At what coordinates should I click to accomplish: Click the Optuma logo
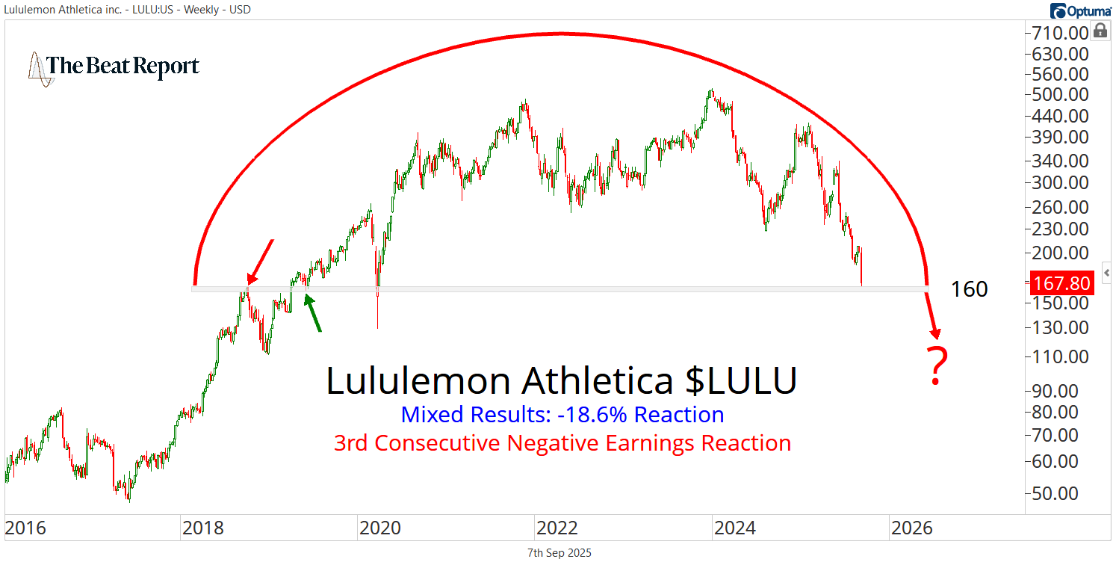pos(1081,10)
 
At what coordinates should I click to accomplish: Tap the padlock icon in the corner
pos(1100,31)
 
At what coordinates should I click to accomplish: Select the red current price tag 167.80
pos(1061,283)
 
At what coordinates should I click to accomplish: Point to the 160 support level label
pos(969,289)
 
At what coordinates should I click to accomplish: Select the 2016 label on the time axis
pos(25,528)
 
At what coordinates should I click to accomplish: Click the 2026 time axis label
pos(912,528)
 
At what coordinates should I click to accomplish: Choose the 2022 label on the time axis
pos(557,528)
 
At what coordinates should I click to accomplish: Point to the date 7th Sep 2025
pos(558,553)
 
